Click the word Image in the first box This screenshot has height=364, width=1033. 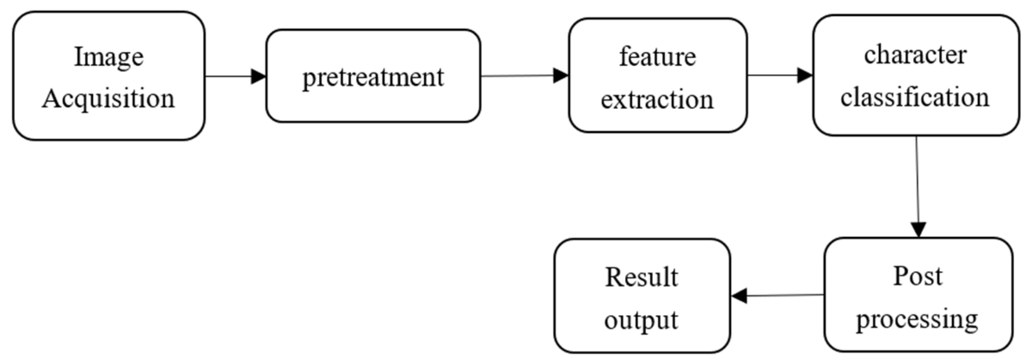click(109, 58)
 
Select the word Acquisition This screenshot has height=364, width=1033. click(108, 98)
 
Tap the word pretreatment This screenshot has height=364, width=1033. click(373, 78)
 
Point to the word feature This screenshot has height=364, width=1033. click(657, 57)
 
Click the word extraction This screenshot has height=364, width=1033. click(657, 99)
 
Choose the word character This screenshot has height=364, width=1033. click(915, 55)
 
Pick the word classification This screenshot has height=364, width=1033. click(915, 97)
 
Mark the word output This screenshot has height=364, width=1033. click(641, 321)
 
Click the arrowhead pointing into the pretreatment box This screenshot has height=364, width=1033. click(258, 76)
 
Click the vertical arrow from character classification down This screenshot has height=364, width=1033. click(917, 185)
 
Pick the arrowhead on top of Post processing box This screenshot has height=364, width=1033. click(919, 229)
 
